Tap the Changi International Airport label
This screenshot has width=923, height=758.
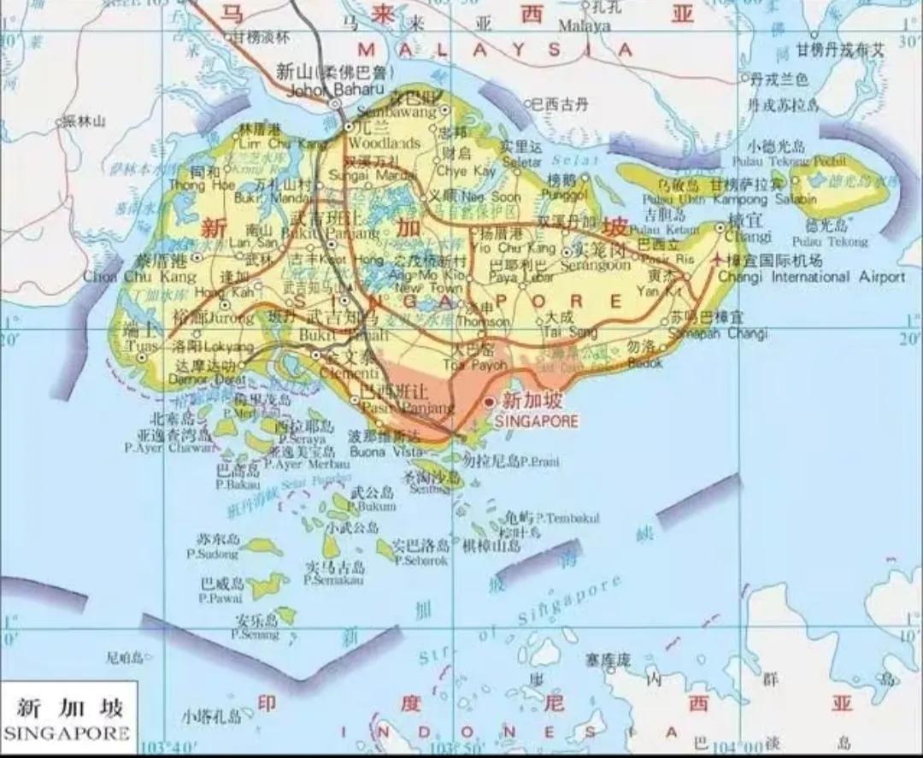(811, 277)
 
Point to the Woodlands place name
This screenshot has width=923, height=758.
(385, 143)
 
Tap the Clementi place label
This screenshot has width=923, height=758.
(350, 373)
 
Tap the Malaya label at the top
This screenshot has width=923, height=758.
(585, 26)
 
